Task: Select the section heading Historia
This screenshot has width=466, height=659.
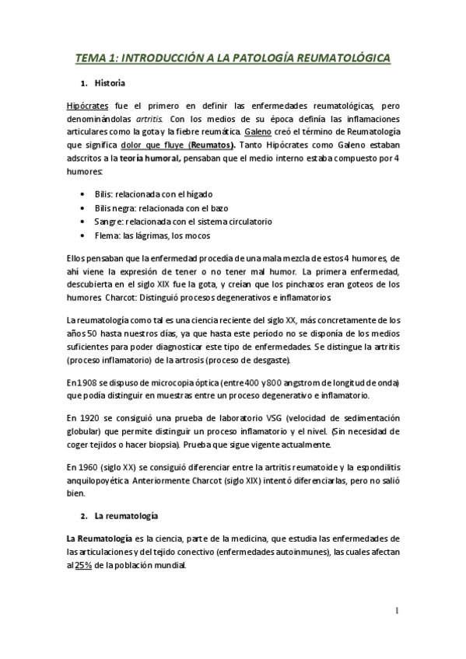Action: tap(110, 82)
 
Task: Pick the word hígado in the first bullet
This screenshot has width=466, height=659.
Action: tap(196, 194)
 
